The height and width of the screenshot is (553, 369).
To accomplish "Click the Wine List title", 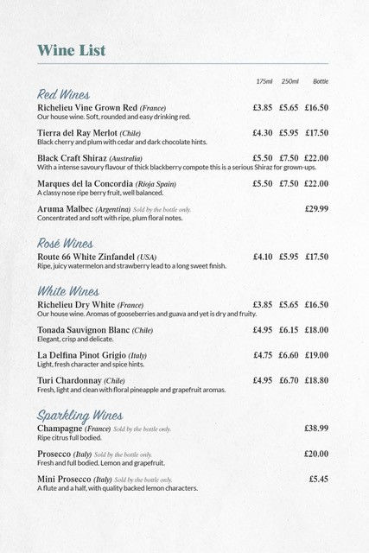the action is (71, 50).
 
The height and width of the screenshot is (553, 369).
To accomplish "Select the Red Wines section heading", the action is (63, 93).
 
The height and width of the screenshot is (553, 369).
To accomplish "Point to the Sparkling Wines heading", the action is (80, 416).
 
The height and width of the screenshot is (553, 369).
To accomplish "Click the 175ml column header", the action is (264, 81).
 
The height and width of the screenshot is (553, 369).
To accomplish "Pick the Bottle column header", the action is (320, 81).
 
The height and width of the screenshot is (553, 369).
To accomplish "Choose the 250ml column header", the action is (289, 81).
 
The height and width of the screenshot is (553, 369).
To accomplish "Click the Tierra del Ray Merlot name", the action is (76, 133).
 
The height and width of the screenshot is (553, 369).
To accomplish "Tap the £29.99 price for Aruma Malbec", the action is (316, 209).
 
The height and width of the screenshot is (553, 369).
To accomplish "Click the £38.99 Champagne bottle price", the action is (316, 429).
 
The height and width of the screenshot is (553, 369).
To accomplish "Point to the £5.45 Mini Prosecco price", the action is (318, 479).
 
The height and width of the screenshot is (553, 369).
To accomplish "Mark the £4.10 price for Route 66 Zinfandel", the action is (263, 257).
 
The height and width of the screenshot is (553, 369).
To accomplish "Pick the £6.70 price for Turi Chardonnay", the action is (289, 380).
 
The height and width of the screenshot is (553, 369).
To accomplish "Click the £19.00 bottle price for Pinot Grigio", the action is (316, 355).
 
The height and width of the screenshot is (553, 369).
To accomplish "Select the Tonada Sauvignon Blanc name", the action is (83, 330).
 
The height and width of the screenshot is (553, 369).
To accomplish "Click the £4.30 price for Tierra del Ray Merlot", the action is (263, 133).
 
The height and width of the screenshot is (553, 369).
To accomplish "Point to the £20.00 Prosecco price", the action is (316, 454).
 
